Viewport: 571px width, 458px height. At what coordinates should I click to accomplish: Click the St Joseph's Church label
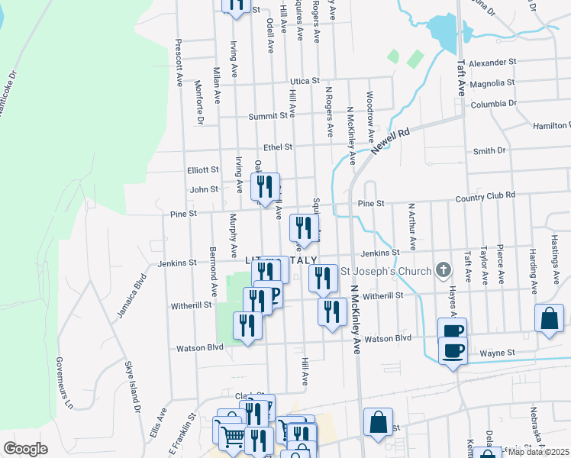coord(385,271)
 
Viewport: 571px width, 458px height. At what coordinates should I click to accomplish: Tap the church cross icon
coord(443,269)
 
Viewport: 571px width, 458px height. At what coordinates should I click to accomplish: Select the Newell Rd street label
coord(391,142)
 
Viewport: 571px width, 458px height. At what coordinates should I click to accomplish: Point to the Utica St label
coord(303,81)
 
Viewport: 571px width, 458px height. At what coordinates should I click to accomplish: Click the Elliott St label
coord(203,170)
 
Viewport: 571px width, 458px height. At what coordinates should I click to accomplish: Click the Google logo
coord(25,448)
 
